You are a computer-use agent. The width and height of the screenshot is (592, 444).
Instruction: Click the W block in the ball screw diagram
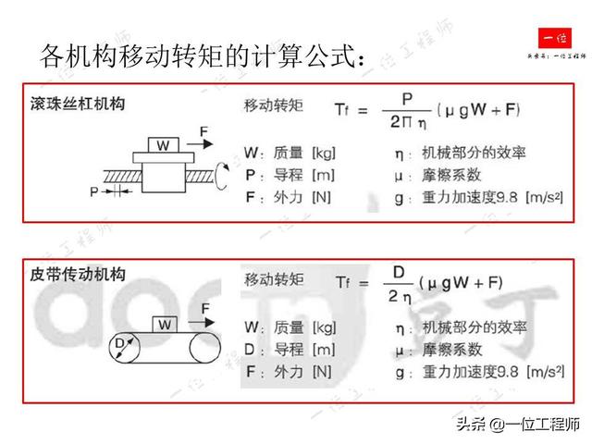(163, 145)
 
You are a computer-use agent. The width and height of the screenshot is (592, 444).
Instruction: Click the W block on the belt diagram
(163, 323)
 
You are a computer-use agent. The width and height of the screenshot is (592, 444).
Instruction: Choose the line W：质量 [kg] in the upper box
(289, 151)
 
